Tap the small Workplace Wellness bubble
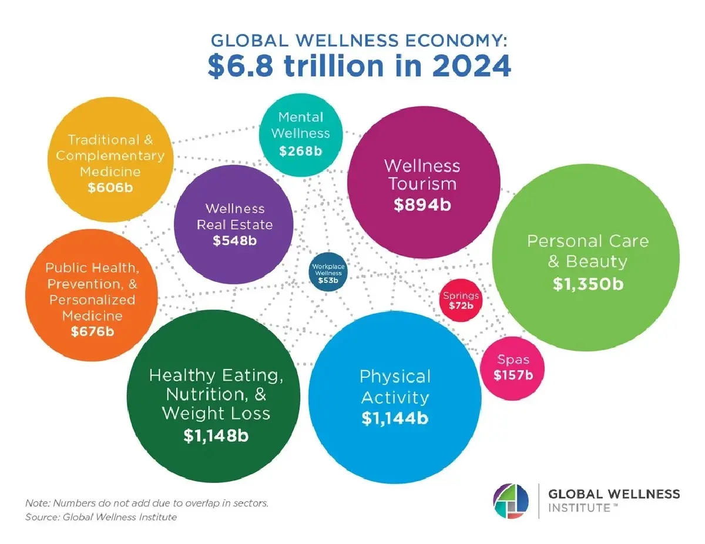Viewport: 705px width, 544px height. click(x=328, y=273)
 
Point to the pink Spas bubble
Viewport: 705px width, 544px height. click(x=513, y=368)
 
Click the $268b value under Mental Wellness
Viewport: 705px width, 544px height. click(x=300, y=151)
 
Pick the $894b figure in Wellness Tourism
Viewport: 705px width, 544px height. click(x=423, y=205)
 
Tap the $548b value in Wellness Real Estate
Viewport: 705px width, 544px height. click(x=234, y=240)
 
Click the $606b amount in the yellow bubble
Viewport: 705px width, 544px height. click(x=110, y=188)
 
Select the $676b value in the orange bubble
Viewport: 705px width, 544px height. click(x=92, y=331)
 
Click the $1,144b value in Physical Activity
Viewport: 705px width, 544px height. click(x=395, y=419)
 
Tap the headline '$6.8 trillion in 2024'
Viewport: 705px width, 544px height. click(x=359, y=67)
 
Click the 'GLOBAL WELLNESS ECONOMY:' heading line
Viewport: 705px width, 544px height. click(x=358, y=41)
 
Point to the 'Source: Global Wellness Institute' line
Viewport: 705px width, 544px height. click(x=101, y=517)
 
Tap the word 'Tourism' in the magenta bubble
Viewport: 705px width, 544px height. click(x=422, y=183)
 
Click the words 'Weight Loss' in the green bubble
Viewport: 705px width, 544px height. click(x=216, y=413)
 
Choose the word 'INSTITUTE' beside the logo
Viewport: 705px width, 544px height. click(x=578, y=508)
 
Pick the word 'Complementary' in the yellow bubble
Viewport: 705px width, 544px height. click(x=110, y=156)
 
